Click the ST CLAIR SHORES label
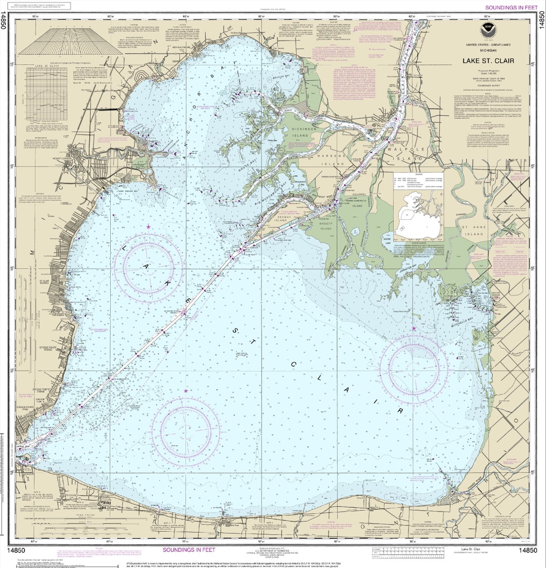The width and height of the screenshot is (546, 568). click(44, 281)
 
